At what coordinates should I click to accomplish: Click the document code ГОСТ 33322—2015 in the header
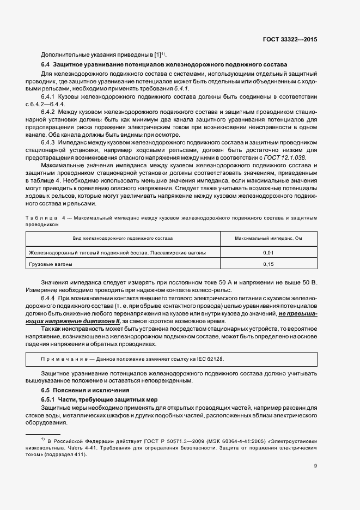tap(290, 40)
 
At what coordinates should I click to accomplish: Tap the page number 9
tap(315, 465)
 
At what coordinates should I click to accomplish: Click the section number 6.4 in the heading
tap(46, 65)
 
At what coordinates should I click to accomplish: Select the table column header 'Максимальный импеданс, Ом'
tap(268, 239)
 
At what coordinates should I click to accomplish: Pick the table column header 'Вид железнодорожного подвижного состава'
tap(123, 239)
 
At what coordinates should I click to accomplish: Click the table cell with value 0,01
tap(268, 253)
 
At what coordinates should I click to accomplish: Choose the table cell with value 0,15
tap(268, 264)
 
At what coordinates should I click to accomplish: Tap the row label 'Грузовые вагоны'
tap(51, 264)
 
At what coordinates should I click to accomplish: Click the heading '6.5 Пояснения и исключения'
tap(78, 391)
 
